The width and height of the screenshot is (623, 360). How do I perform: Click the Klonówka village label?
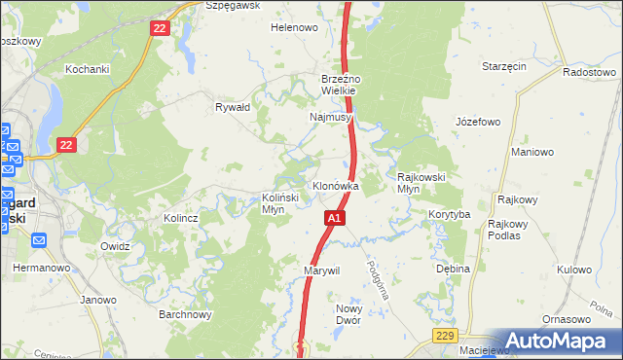335,185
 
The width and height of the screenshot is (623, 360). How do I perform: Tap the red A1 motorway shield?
334,219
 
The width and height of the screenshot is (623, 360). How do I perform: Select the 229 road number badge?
445,336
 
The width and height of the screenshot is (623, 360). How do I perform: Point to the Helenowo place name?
294,27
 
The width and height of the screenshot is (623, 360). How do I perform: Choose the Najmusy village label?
330,117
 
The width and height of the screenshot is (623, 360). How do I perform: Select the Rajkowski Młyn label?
421,183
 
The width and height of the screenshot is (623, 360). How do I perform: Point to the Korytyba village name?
449,214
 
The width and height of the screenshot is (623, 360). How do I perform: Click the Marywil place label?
321,270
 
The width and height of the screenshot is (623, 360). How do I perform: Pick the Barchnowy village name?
185,315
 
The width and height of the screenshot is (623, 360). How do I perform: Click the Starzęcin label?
504,66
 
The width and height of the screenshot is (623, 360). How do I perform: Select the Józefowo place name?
477,123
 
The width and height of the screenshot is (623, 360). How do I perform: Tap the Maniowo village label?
532,152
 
